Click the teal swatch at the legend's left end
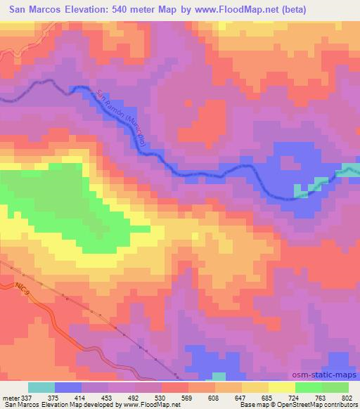[41, 387]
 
